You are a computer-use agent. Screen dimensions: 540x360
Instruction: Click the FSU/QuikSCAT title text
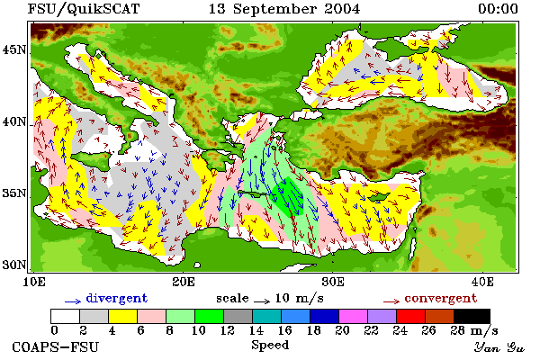(x=84, y=9)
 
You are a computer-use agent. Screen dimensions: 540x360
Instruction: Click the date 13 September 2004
(x=284, y=9)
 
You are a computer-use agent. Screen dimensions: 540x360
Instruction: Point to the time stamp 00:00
(x=498, y=9)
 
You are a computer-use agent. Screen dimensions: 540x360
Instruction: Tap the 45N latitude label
(x=14, y=50)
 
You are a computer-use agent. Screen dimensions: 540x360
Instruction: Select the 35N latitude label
(x=14, y=193)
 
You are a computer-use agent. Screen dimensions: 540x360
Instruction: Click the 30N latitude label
(x=14, y=265)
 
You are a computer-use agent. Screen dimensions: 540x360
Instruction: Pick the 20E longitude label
(x=184, y=282)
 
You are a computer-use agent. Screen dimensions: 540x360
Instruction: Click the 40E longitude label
(x=482, y=282)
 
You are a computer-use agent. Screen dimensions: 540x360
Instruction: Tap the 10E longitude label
(x=34, y=282)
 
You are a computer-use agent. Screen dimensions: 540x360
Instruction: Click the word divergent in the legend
(x=117, y=298)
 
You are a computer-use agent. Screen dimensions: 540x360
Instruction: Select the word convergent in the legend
(x=441, y=298)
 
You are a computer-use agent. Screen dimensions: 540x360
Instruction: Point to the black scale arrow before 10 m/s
(x=262, y=301)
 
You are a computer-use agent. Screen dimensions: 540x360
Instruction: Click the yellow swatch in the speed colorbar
(x=122, y=316)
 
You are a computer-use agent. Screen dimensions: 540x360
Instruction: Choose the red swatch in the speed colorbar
(x=410, y=316)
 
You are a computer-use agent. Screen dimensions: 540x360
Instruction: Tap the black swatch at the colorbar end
(x=472, y=316)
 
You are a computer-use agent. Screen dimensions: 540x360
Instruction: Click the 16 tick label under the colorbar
(x=284, y=330)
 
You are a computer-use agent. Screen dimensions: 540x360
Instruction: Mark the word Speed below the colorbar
(x=270, y=345)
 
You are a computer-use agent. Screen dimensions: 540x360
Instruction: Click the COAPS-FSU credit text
(x=55, y=346)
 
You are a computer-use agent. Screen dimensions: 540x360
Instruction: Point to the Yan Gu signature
(x=499, y=347)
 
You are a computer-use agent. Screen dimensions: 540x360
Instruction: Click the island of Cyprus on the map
(x=379, y=197)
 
